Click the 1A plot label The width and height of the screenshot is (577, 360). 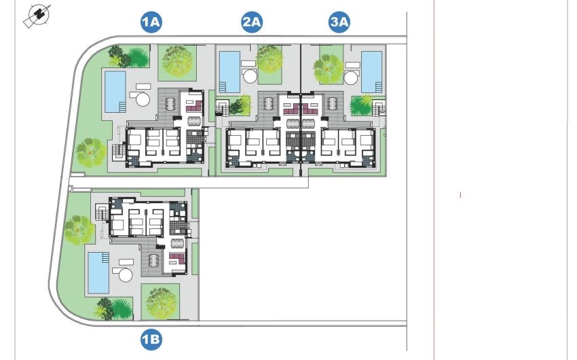click(x=151, y=22)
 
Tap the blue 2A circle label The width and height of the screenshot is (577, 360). click(x=252, y=22)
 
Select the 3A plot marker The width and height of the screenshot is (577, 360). click(x=339, y=22)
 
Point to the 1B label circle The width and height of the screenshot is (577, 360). click(x=151, y=338)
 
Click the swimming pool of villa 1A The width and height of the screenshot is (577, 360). click(x=115, y=91)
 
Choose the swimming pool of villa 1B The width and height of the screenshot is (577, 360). click(x=97, y=273)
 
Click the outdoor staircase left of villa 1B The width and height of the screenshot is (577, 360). click(x=102, y=215)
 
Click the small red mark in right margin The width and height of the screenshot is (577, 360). click(x=461, y=196)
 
